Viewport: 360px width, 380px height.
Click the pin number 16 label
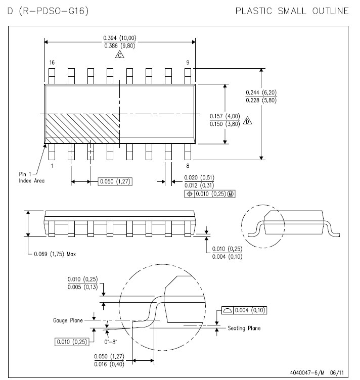(52, 63)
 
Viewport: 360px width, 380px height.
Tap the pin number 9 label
(188, 63)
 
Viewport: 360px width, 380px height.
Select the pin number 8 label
(188, 166)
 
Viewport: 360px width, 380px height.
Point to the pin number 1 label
(52, 166)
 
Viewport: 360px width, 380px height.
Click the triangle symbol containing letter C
(119, 55)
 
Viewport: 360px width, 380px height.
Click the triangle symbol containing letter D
(248, 120)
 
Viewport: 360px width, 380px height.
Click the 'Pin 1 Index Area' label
(31, 177)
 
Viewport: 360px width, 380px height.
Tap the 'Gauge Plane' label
(68, 320)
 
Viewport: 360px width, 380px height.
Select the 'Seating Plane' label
(244, 328)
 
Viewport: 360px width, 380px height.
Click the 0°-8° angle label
(111, 342)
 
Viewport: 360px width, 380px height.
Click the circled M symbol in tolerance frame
(231, 194)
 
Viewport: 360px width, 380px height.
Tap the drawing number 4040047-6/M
(307, 372)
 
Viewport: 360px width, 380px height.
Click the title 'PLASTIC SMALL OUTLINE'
(292, 11)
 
